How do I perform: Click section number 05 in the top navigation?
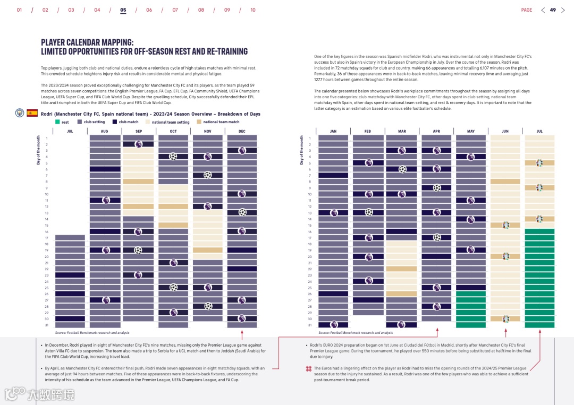click(x=123, y=10)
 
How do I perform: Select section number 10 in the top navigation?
click(x=253, y=10)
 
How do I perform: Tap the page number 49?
click(x=553, y=10)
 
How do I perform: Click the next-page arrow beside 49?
click(x=563, y=10)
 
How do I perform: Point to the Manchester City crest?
click(x=20, y=113)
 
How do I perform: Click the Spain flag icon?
click(x=32, y=113)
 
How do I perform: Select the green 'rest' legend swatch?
click(x=57, y=122)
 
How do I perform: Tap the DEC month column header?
click(x=242, y=131)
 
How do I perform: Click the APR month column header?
click(x=436, y=131)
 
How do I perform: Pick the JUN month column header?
click(x=505, y=131)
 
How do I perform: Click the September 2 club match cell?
click(x=138, y=144)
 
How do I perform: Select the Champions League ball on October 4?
click(x=173, y=157)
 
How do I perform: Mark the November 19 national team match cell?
click(x=207, y=250)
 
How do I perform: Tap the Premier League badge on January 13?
click(x=334, y=213)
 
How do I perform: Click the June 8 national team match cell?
click(x=505, y=182)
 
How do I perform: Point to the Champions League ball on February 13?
click(x=369, y=212)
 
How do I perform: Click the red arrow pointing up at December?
click(x=242, y=334)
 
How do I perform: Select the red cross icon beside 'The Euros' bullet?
click(x=308, y=368)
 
